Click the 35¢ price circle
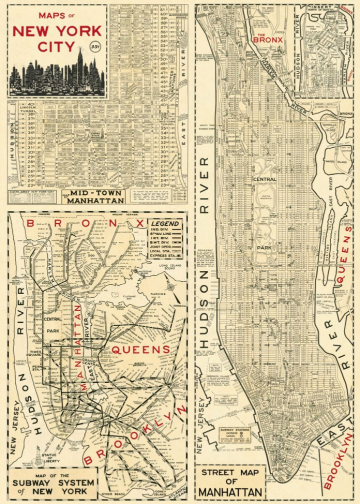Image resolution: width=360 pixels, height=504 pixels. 94,47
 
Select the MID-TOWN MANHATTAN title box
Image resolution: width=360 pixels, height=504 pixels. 96,196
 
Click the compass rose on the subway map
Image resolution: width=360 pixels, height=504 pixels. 171,286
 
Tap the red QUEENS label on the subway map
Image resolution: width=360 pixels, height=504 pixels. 140,349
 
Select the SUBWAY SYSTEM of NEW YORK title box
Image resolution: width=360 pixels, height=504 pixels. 53,483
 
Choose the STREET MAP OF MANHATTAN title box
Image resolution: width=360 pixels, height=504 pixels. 230,482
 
